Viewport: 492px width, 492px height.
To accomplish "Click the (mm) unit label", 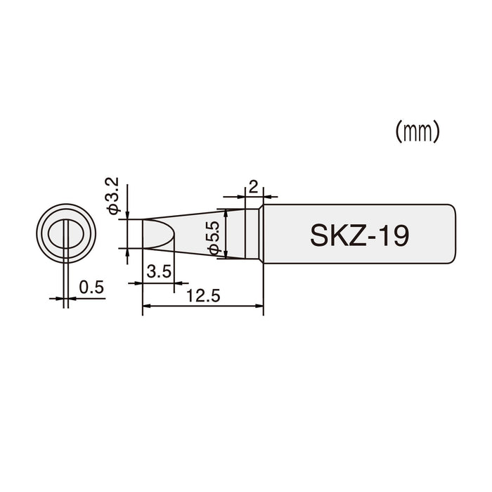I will click(417, 131).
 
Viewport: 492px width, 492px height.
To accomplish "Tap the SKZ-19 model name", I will click(358, 235).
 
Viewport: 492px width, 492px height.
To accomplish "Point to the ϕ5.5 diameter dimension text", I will click(214, 235).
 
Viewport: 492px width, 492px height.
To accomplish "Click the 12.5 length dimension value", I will click(204, 297).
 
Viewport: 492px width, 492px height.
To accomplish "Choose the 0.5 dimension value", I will click(91, 287).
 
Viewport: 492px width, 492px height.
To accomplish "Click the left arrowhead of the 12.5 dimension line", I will click(146, 306).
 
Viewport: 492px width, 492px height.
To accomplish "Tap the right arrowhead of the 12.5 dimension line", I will click(259, 306).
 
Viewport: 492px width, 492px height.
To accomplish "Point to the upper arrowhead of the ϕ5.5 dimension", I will click(225, 212).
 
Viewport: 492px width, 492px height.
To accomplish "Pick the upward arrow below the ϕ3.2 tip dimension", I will click(127, 253).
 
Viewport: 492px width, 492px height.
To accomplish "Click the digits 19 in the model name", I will click(391, 235).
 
